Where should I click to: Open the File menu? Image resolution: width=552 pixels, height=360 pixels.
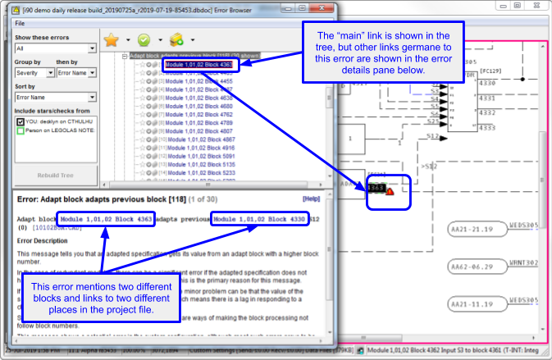coord(20,23)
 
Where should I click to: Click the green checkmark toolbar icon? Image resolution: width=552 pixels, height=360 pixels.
coord(144,39)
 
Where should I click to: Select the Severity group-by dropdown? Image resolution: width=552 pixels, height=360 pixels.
coord(34,72)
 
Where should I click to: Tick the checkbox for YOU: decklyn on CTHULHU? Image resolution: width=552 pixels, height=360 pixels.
coord(21,121)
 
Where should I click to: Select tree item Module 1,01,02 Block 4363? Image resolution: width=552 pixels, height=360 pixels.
coord(198,64)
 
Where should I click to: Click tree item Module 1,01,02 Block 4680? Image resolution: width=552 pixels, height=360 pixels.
coord(199,106)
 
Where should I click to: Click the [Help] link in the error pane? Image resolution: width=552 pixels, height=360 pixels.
coord(311,198)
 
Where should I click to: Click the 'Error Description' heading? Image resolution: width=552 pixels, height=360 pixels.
coord(51,241)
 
